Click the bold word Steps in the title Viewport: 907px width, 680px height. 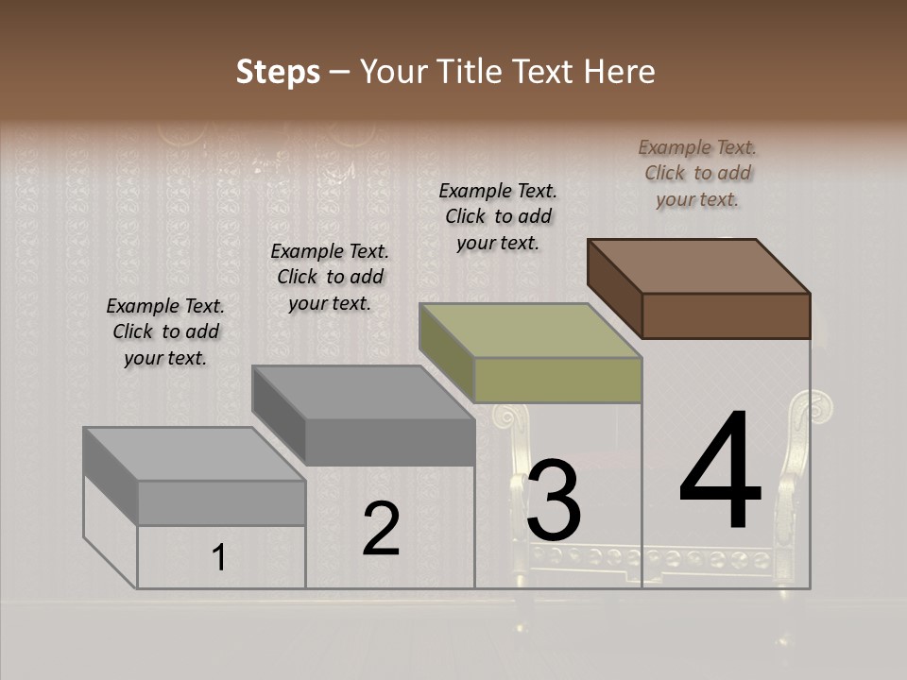[278, 72]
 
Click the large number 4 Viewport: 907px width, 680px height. [720, 472]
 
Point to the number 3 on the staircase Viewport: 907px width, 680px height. [554, 501]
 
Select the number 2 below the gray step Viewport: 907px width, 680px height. [381, 529]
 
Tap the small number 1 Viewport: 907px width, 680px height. [218, 558]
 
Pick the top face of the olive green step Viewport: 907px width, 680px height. [531, 331]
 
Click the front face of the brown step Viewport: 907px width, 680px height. [726, 315]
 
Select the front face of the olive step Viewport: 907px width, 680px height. [557, 381]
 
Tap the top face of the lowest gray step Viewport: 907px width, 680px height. [195, 454]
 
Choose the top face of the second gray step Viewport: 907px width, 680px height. [363, 393]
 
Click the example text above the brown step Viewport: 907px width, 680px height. [697, 174]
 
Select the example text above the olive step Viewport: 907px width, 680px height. [498, 217]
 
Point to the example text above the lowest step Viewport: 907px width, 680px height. [165, 332]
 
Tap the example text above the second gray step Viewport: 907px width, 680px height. [330, 278]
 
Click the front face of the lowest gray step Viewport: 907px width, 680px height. [221, 503]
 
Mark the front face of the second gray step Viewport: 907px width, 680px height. [389, 442]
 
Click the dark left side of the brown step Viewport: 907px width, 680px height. [614, 288]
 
